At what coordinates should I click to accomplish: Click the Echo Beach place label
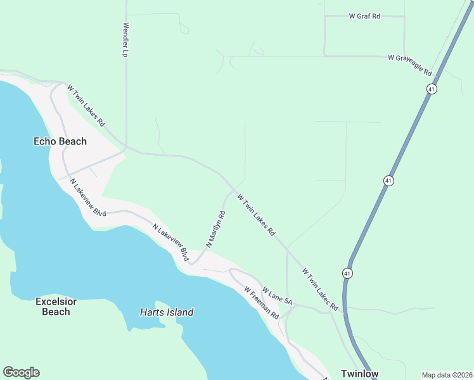60,141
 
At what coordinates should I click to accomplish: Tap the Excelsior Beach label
56,307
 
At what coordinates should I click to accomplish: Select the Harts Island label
166,312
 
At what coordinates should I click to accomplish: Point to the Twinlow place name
359,374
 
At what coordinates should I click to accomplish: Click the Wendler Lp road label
125,41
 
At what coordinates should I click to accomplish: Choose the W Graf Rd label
364,16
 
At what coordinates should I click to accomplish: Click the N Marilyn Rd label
216,228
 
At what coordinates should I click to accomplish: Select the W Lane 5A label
276,296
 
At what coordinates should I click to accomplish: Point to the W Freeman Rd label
262,303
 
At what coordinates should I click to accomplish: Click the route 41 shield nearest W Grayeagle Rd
432,89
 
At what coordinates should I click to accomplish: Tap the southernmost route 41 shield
347,273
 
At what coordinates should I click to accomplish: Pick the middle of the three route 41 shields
387,180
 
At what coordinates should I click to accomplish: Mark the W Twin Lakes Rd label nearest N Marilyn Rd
256,215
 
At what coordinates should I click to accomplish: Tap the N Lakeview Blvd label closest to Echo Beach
88,198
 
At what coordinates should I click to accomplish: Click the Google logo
21,372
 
